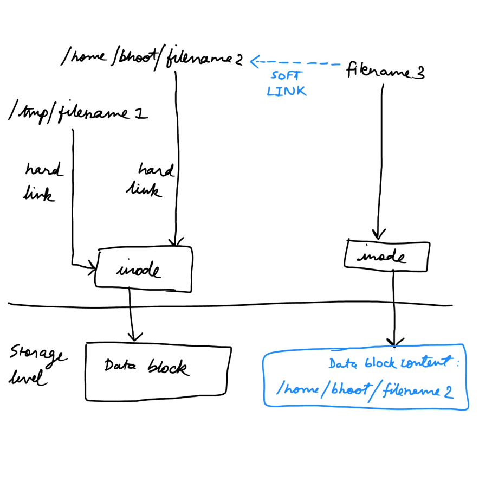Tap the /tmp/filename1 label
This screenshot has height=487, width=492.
click(79, 113)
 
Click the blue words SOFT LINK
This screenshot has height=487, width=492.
click(286, 84)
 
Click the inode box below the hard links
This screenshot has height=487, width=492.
click(144, 267)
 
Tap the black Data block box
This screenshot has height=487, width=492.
click(156, 371)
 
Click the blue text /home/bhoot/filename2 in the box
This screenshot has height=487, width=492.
click(364, 389)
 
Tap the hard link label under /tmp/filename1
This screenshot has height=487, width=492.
click(42, 182)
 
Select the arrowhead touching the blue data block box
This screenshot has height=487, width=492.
click(394, 342)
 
